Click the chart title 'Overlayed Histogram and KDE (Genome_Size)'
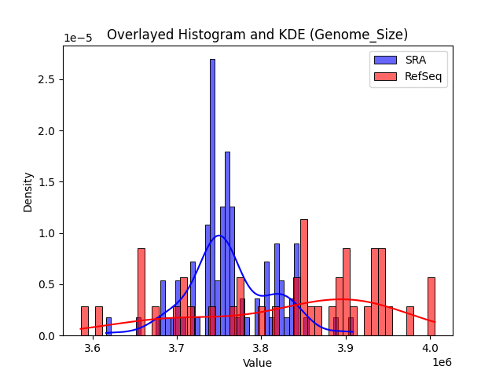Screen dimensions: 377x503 point(257,35)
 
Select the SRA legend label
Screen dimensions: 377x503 point(415,60)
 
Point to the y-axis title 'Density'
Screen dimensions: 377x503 point(28,191)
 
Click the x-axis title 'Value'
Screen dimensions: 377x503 point(257,363)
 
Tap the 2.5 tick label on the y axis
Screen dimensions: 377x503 point(48,79)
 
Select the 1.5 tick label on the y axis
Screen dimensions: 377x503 point(48,182)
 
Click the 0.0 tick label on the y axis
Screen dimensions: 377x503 point(48,336)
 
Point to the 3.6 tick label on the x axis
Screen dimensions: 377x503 point(93,348)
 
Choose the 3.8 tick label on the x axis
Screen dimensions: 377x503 point(261,348)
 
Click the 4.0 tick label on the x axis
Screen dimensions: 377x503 point(430,348)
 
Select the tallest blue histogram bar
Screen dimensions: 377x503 point(212,196)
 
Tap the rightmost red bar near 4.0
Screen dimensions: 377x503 point(431,306)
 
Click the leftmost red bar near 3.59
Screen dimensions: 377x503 point(84,321)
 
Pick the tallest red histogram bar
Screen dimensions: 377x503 point(304,277)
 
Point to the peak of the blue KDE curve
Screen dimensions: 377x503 point(218,236)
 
